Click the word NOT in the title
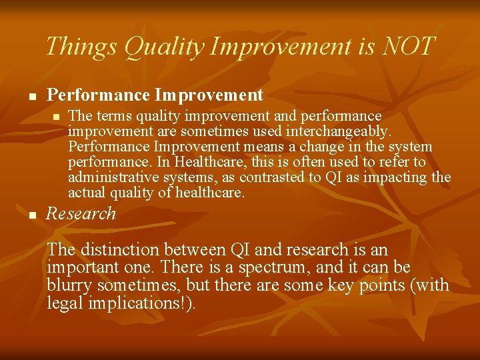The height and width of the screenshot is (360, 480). click(x=409, y=47)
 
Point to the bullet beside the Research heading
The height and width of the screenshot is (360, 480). click(x=30, y=215)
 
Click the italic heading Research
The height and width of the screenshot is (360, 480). click(x=81, y=214)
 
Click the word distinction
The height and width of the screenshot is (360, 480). click(x=120, y=250)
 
